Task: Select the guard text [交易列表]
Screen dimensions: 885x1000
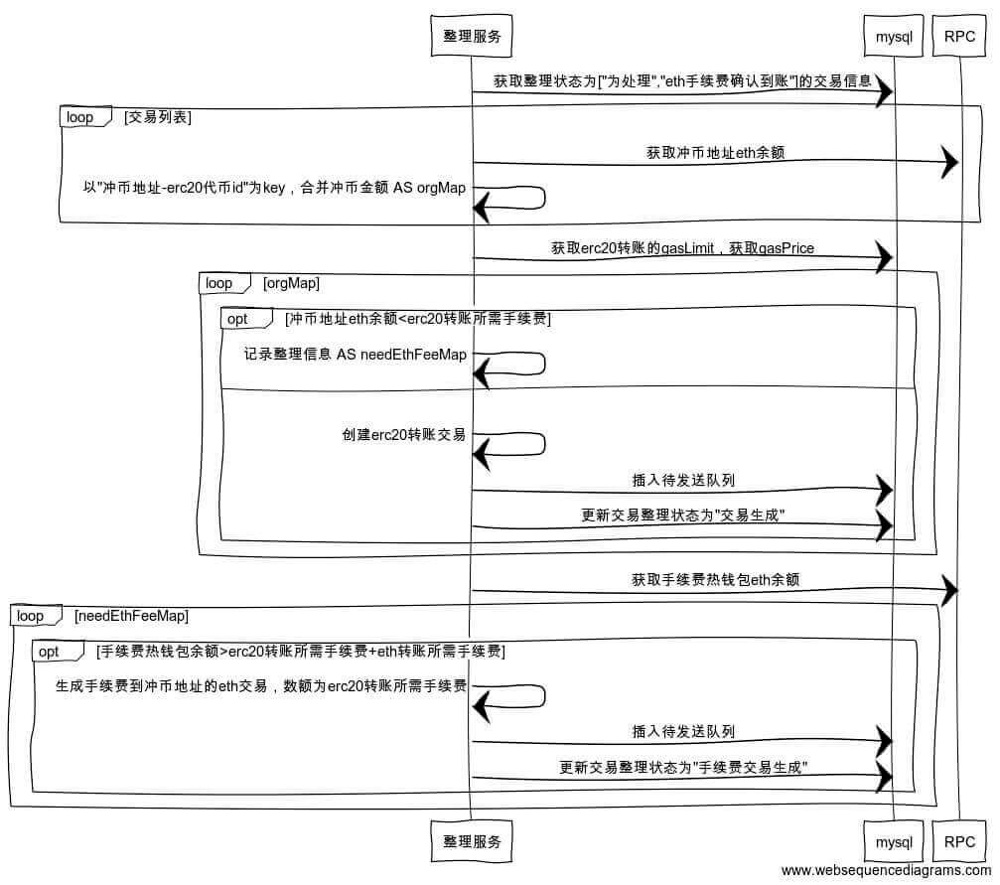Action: (158, 117)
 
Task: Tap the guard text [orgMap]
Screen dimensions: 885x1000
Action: (291, 283)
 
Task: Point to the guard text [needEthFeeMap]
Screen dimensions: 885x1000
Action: (131, 616)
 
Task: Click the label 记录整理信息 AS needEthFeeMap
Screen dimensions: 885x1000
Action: (356, 355)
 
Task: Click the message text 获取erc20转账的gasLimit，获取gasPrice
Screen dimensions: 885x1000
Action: (682, 248)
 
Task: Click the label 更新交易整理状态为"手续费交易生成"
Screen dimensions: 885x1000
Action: (683, 767)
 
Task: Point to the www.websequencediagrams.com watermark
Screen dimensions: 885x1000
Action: (886, 871)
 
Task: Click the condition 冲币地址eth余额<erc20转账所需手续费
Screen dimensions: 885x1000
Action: (417, 319)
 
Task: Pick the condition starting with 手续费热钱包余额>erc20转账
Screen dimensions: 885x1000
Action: (301, 652)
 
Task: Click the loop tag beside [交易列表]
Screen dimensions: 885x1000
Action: (80, 117)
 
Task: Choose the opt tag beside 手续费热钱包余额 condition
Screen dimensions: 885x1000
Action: (49, 652)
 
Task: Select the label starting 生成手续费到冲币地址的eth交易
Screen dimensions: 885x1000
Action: (261, 685)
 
